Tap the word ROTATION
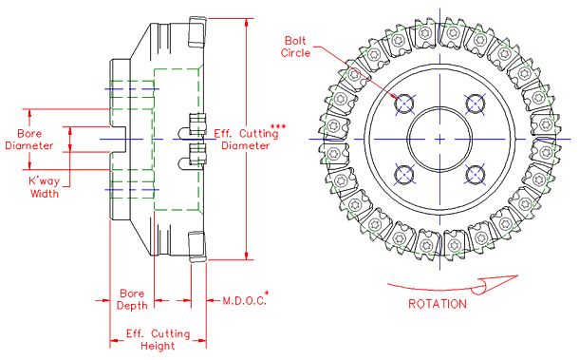pos(437,304)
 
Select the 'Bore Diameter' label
pos(33,140)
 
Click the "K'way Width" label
pos(44,186)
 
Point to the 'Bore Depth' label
pos(131,300)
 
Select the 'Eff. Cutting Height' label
pos(158,340)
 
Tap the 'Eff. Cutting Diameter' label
pos(244,140)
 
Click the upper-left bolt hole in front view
pos(403,103)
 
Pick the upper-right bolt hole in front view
pos(475,103)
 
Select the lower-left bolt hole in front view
pos(403,174)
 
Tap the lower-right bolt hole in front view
pos(475,174)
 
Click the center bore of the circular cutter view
pos(439,139)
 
